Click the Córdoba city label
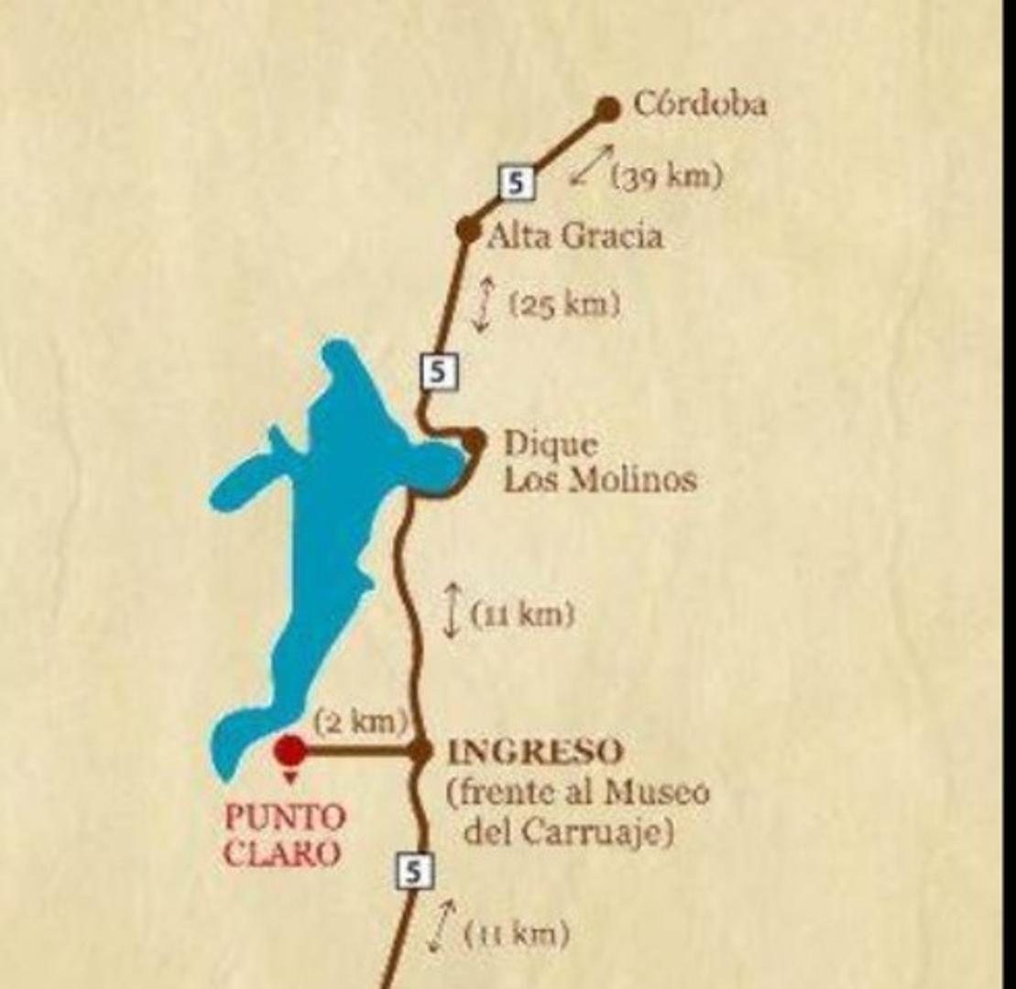700,104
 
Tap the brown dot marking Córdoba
606,109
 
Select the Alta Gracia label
574,237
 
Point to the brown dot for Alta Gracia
468,230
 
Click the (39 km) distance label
666,177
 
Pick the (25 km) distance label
564,304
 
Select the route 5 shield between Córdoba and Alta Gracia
517,182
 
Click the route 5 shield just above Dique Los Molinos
439,371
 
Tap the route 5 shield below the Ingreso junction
414,871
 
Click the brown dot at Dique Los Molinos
473,441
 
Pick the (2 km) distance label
359,722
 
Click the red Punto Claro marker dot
291,750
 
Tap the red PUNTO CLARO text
285,834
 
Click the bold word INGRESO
534,753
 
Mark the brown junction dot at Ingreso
420,751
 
